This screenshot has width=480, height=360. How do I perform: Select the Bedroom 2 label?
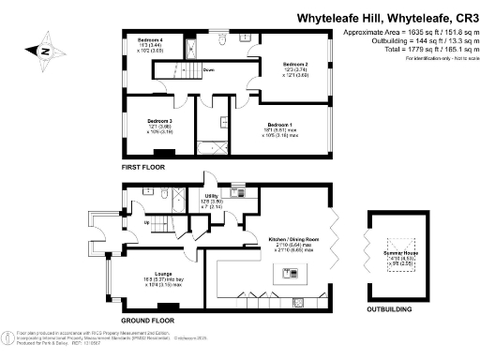[296, 64]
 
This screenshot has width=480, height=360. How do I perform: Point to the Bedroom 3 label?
[158, 120]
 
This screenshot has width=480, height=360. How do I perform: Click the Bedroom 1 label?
[278, 125]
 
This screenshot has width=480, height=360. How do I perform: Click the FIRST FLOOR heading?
[142, 166]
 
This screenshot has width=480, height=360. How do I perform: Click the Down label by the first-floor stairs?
[209, 70]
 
